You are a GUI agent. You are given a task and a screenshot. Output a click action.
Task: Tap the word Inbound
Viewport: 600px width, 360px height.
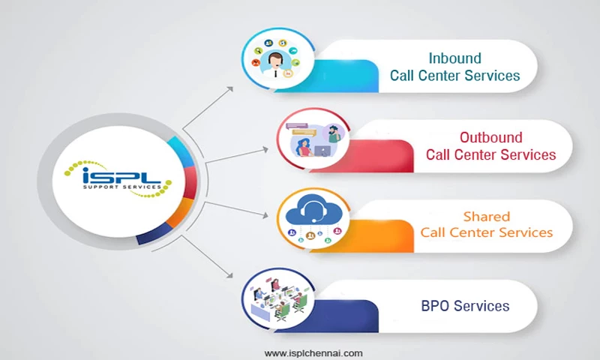coord(454,58)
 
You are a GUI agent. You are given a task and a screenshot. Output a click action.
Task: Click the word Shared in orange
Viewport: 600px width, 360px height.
coord(486,216)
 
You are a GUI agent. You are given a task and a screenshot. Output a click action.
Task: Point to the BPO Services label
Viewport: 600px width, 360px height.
coord(465,305)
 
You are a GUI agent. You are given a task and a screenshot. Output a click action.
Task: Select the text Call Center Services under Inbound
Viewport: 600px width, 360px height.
coord(454,76)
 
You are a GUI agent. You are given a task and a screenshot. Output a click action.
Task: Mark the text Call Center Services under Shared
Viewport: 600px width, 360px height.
coord(486,232)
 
